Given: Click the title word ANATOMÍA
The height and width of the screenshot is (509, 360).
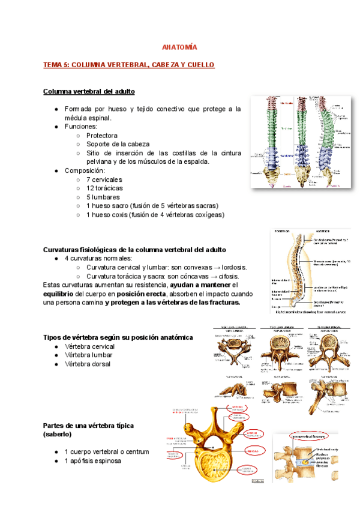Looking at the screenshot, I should [180, 46].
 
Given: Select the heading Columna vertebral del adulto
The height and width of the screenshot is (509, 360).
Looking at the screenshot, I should [89, 91].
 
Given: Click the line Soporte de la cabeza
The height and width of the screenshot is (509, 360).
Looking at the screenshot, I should [118, 144].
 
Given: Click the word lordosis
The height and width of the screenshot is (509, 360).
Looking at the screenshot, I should [232, 267].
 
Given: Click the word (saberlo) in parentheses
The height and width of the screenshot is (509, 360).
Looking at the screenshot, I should [58, 433].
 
